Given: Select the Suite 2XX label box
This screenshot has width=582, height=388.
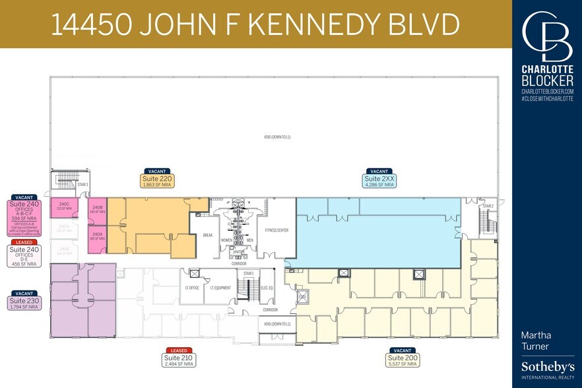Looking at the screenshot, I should click(x=379, y=181).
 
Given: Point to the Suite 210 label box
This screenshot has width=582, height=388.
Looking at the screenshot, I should click(x=180, y=360).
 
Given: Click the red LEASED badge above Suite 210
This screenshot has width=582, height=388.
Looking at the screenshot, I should click(x=180, y=350).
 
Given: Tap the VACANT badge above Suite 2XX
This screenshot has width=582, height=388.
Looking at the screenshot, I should click(x=379, y=171).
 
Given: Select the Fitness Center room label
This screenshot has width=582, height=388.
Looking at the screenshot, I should click(x=276, y=230).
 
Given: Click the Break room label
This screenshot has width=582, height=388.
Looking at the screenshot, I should click(x=207, y=234).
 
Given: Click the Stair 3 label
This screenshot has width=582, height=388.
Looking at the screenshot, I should click(x=83, y=185).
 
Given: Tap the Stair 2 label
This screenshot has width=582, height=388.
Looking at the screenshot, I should click(x=488, y=206).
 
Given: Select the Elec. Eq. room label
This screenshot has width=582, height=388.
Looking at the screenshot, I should click(x=267, y=287).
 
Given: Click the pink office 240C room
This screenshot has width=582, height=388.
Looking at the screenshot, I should click(x=65, y=205).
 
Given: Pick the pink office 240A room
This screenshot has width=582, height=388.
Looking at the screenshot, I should click(x=97, y=235).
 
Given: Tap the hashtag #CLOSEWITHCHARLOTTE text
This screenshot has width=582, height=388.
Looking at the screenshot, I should click(x=547, y=98).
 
